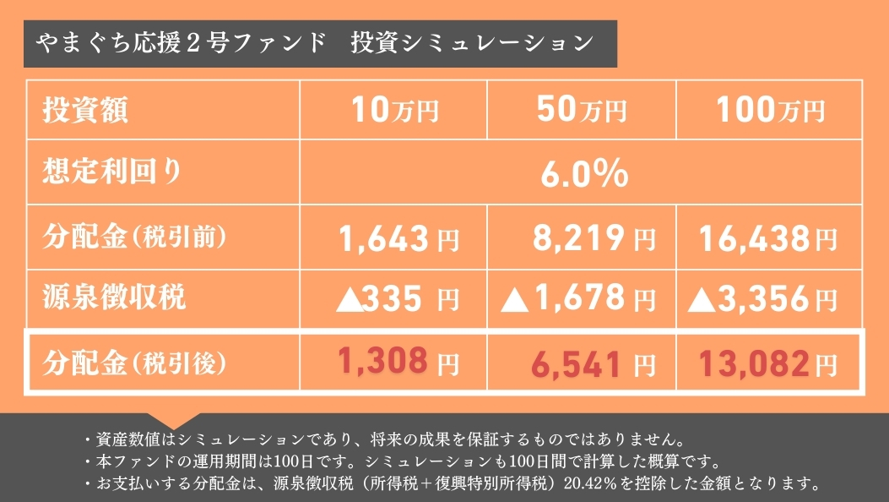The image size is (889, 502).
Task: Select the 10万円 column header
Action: click(393, 110)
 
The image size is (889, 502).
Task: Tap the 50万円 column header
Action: click(581, 110)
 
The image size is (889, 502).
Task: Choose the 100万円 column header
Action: click(768, 110)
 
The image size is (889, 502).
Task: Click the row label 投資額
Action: click(86, 110)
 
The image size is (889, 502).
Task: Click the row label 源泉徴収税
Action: click(114, 297)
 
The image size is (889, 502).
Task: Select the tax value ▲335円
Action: click(397, 298)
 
